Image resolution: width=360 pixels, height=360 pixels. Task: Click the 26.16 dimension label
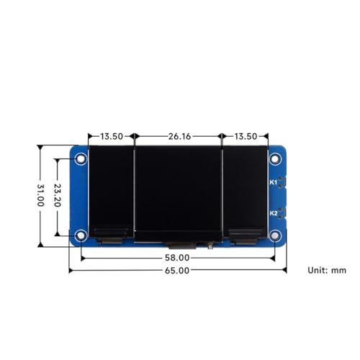tap(179, 136)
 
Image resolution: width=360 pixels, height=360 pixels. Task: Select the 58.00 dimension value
tap(177, 258)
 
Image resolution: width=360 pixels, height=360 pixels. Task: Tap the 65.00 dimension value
tap(177, 271)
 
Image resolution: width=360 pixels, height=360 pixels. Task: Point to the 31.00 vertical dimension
tap(40, 195)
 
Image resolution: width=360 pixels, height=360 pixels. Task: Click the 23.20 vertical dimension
tap(58, 195)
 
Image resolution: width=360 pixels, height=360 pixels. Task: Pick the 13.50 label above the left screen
tap(112, 136)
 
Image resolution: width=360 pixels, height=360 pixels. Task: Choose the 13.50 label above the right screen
tap(246, 136)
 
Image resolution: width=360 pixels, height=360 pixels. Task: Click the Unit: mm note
tap(327, 270)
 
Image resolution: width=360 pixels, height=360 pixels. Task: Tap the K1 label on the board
tap(274, 182)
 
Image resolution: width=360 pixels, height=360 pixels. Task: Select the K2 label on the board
tap(274, 213)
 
